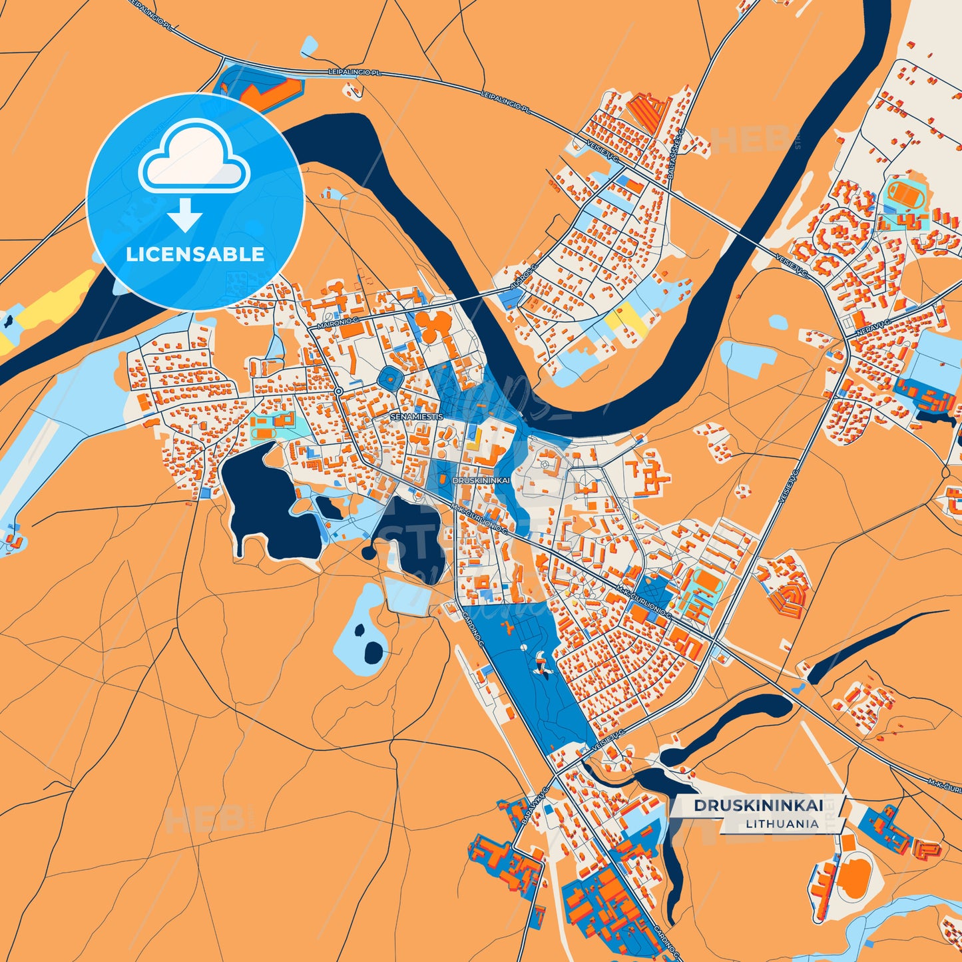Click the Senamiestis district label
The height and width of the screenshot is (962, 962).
point(416,416)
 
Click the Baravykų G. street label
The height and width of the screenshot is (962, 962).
point(534,808)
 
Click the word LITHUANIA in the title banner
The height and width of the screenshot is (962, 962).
point(782,824)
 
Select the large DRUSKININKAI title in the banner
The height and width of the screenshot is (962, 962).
point(758,806)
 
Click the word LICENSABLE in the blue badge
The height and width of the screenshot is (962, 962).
point(195,254)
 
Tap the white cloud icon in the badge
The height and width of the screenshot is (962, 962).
point(194,158)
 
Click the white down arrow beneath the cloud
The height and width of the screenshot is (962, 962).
point(184,214)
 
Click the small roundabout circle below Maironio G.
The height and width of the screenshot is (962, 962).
point(338,391)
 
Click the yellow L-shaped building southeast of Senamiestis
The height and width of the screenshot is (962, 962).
point(475,440)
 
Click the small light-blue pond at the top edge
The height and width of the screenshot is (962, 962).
point(310,46)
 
